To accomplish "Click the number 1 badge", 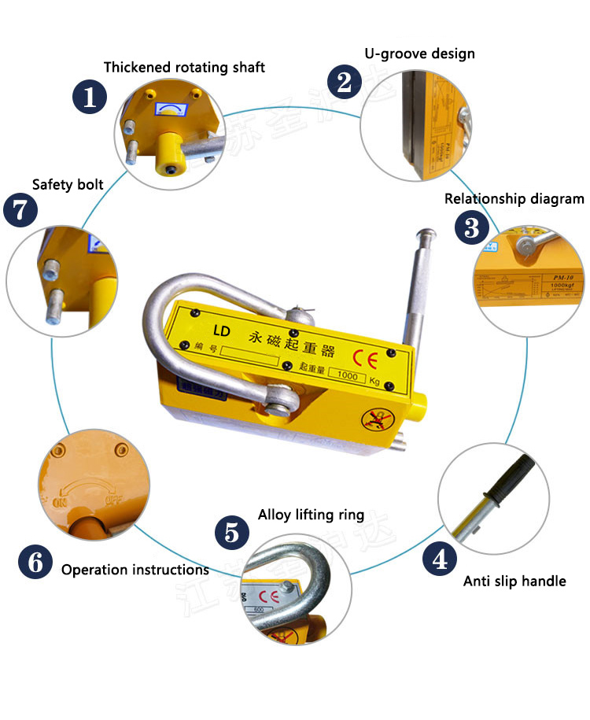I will [90, 98].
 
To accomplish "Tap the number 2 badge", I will [344, 81].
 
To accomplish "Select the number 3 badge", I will [471, 228].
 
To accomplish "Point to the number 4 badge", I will [441, 559].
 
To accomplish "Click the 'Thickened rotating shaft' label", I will [184, 67].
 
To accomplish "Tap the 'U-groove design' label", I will [419, 54].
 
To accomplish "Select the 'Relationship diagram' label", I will [514, 198].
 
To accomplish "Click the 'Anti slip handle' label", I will [514, 581].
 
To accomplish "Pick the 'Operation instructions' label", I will [135, 569].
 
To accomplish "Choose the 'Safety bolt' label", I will [68, 185].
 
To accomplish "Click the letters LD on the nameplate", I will [220, 331].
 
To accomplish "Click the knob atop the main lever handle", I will [426, 235].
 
